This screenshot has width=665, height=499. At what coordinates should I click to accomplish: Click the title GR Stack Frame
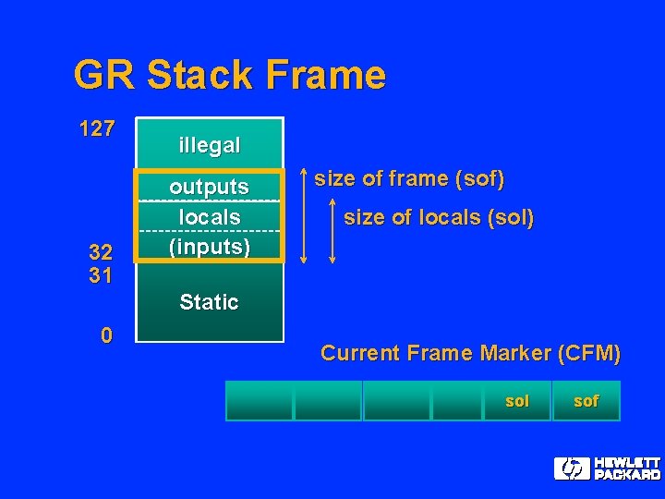tap(229, 75)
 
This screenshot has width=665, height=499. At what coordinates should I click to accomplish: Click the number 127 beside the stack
tap(97, 129)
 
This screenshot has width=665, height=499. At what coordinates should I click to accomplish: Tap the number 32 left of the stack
tap(100, 251)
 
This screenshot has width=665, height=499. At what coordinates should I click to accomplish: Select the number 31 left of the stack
tap(100, 274)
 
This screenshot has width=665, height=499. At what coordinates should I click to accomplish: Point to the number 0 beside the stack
tap(106, 335)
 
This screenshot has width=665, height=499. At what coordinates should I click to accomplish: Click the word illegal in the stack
tap(210, 145)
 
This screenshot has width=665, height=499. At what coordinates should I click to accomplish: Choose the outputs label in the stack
tap(209, 187)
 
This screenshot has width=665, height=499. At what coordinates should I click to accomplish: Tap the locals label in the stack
tap(209, 217)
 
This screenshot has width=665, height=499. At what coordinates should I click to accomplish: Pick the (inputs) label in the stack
tap(209, 247)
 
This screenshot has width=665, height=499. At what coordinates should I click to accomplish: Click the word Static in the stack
tap(209, 302)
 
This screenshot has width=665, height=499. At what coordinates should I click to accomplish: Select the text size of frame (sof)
tap(409, 178)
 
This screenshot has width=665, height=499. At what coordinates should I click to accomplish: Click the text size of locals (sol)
tap(439, 218)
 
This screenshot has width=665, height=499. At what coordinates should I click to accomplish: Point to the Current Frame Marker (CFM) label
tap(470, 353)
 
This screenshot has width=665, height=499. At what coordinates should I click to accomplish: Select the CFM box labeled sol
tap(516, 401)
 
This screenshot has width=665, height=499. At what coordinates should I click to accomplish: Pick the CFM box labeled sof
tap(586, 401)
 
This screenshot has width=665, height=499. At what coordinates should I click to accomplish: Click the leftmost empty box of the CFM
tap(260, 401)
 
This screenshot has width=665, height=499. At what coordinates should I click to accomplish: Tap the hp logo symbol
tap(572, 469)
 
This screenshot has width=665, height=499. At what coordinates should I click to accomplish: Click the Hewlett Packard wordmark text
tap(626, 469)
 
